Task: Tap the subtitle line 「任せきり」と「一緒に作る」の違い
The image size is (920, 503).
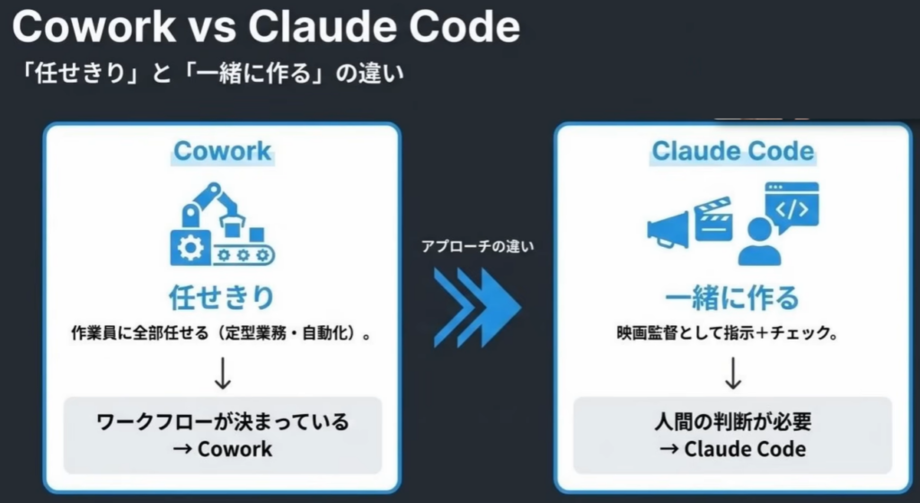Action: [x=215, y=74]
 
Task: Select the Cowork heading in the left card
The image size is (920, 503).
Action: [x=222, y=150]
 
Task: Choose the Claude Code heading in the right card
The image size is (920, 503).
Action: [x=732, y=150]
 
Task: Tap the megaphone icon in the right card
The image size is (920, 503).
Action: [x=668, y=228]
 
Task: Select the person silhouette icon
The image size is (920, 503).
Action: [x=758, y=242]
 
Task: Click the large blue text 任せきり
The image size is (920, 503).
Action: [x=222, y=297]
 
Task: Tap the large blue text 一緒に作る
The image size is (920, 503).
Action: [x=732, y=297]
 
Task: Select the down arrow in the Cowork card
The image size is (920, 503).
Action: [x=223, y=372]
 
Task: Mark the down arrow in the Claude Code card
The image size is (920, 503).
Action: [x=732, y=372]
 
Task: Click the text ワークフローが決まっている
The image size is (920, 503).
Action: [x=222, y=421]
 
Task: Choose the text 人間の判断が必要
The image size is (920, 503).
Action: [x=732, y=421]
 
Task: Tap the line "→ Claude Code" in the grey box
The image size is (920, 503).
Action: [x=732, y=448]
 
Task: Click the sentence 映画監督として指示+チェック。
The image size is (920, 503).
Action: [x=732, y=333]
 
